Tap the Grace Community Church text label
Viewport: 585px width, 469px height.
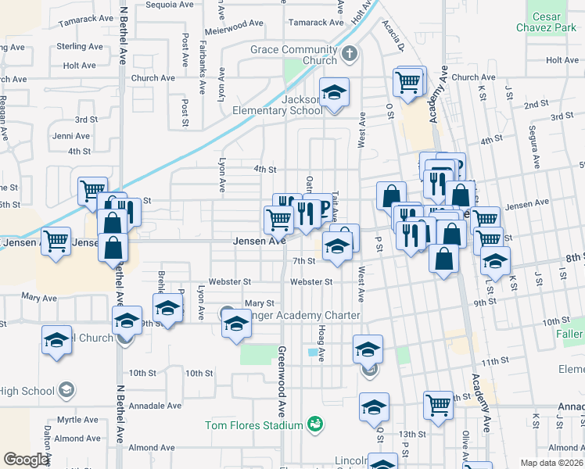click(293, 55)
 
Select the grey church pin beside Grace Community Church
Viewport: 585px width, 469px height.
click(350, 54)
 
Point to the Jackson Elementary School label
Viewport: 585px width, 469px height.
click(278, 105)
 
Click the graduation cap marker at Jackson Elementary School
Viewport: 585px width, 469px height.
click(334, 95)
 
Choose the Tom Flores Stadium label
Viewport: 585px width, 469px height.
click(253, 425)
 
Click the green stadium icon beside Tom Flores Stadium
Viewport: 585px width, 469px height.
click(315, 424)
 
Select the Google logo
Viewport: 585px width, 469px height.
click(26, 460)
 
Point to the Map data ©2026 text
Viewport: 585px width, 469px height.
click(552, 462)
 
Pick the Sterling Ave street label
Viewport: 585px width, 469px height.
click(80, 47)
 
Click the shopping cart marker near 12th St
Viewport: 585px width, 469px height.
click(439, 405)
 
